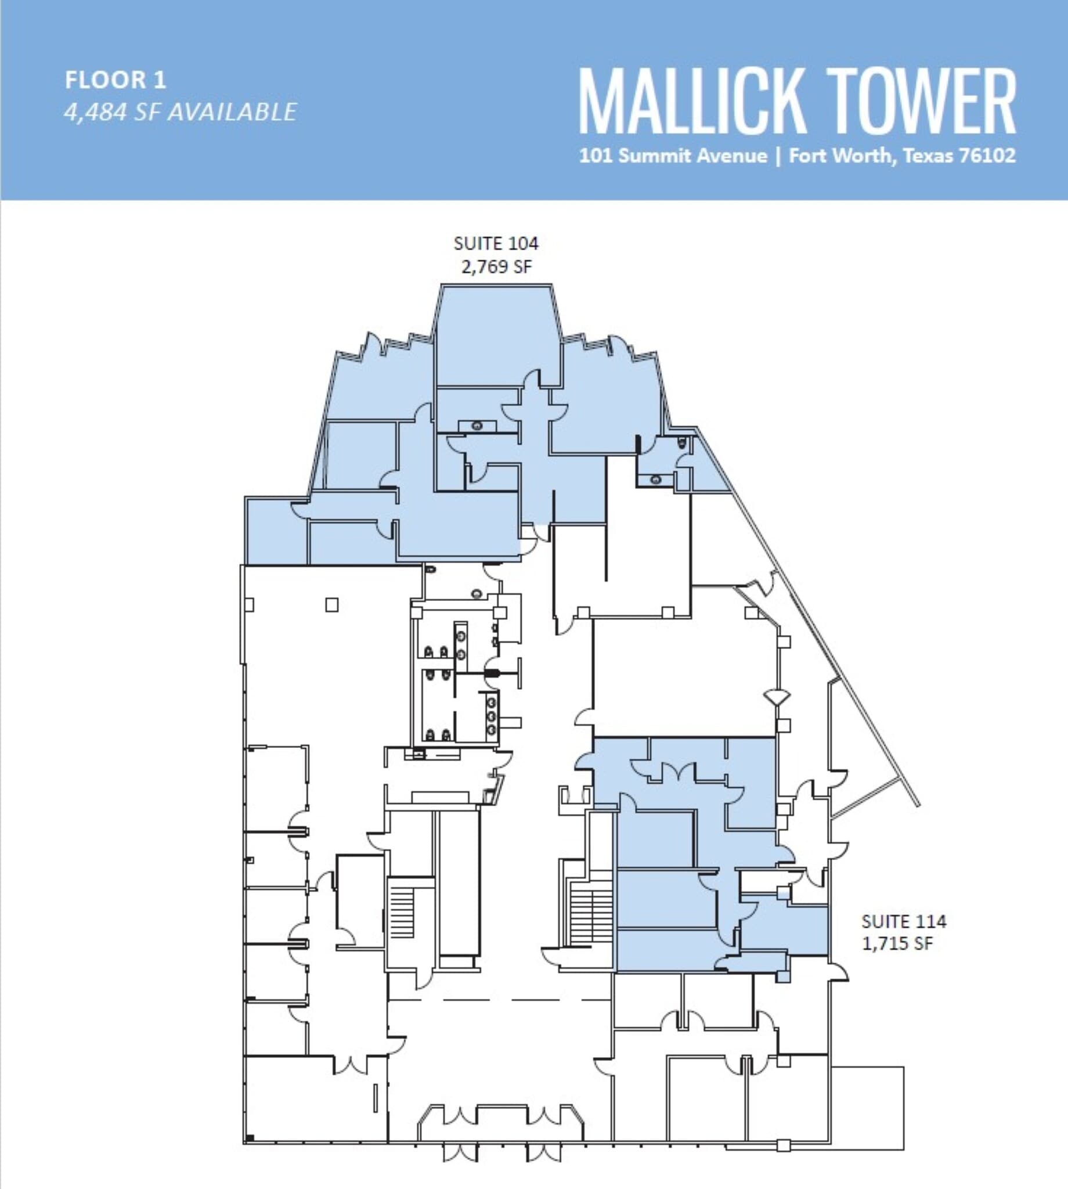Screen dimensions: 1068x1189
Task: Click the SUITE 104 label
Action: coord(496,243)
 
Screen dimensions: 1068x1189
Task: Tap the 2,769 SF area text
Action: coord(496,267)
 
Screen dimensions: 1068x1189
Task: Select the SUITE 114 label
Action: coord(904,921)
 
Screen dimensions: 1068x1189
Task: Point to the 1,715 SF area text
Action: coord(897,943)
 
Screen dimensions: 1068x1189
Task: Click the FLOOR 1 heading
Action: coord(116,80)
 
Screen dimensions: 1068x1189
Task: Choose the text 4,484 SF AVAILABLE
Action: coord(180,112)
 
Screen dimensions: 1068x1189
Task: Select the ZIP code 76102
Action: coord(987,156)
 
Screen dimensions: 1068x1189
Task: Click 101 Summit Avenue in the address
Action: coord(673,156)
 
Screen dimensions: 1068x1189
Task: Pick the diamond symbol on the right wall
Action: coord(777,698)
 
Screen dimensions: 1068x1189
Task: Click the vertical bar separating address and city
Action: coord(778,156)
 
